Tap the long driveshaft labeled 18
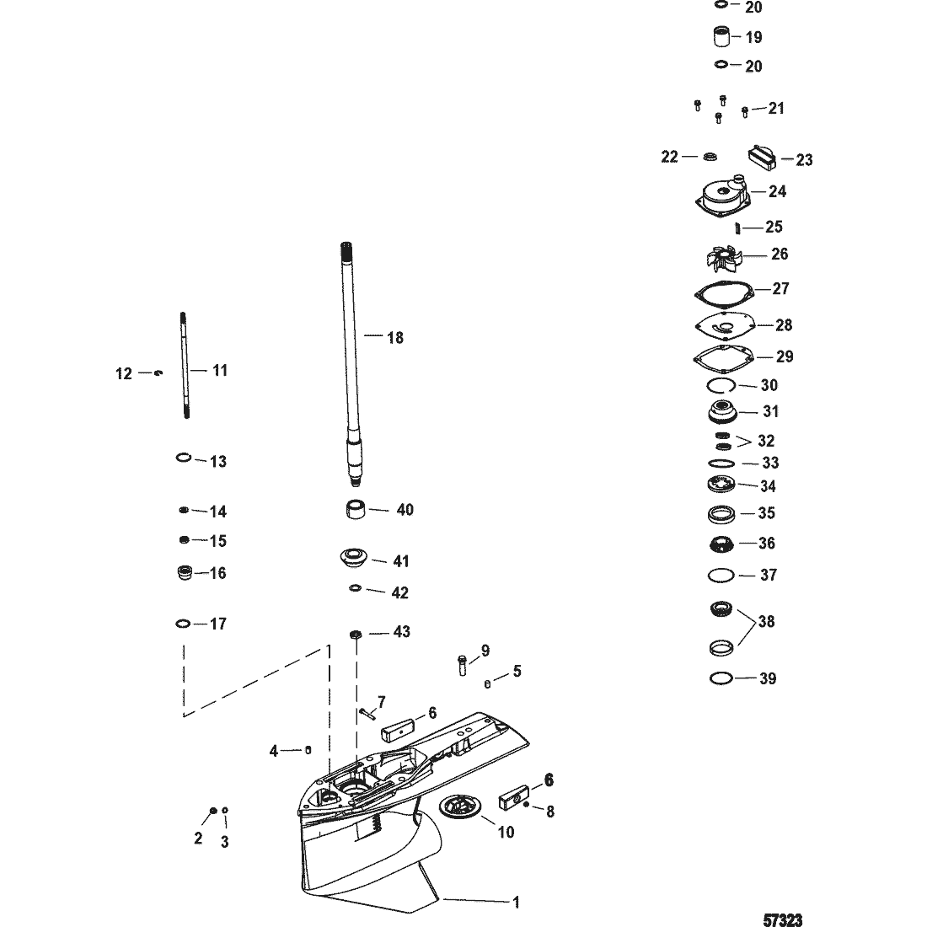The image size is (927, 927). point(354,354)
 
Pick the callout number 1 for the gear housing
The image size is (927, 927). point(516,902)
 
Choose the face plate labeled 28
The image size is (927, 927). point(723,325)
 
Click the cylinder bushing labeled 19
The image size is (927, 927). point(721,38)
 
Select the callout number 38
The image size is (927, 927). point(766,622)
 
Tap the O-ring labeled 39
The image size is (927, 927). point(721,678)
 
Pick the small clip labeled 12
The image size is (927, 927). point(158,372)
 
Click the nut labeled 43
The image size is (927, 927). point(355,633)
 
